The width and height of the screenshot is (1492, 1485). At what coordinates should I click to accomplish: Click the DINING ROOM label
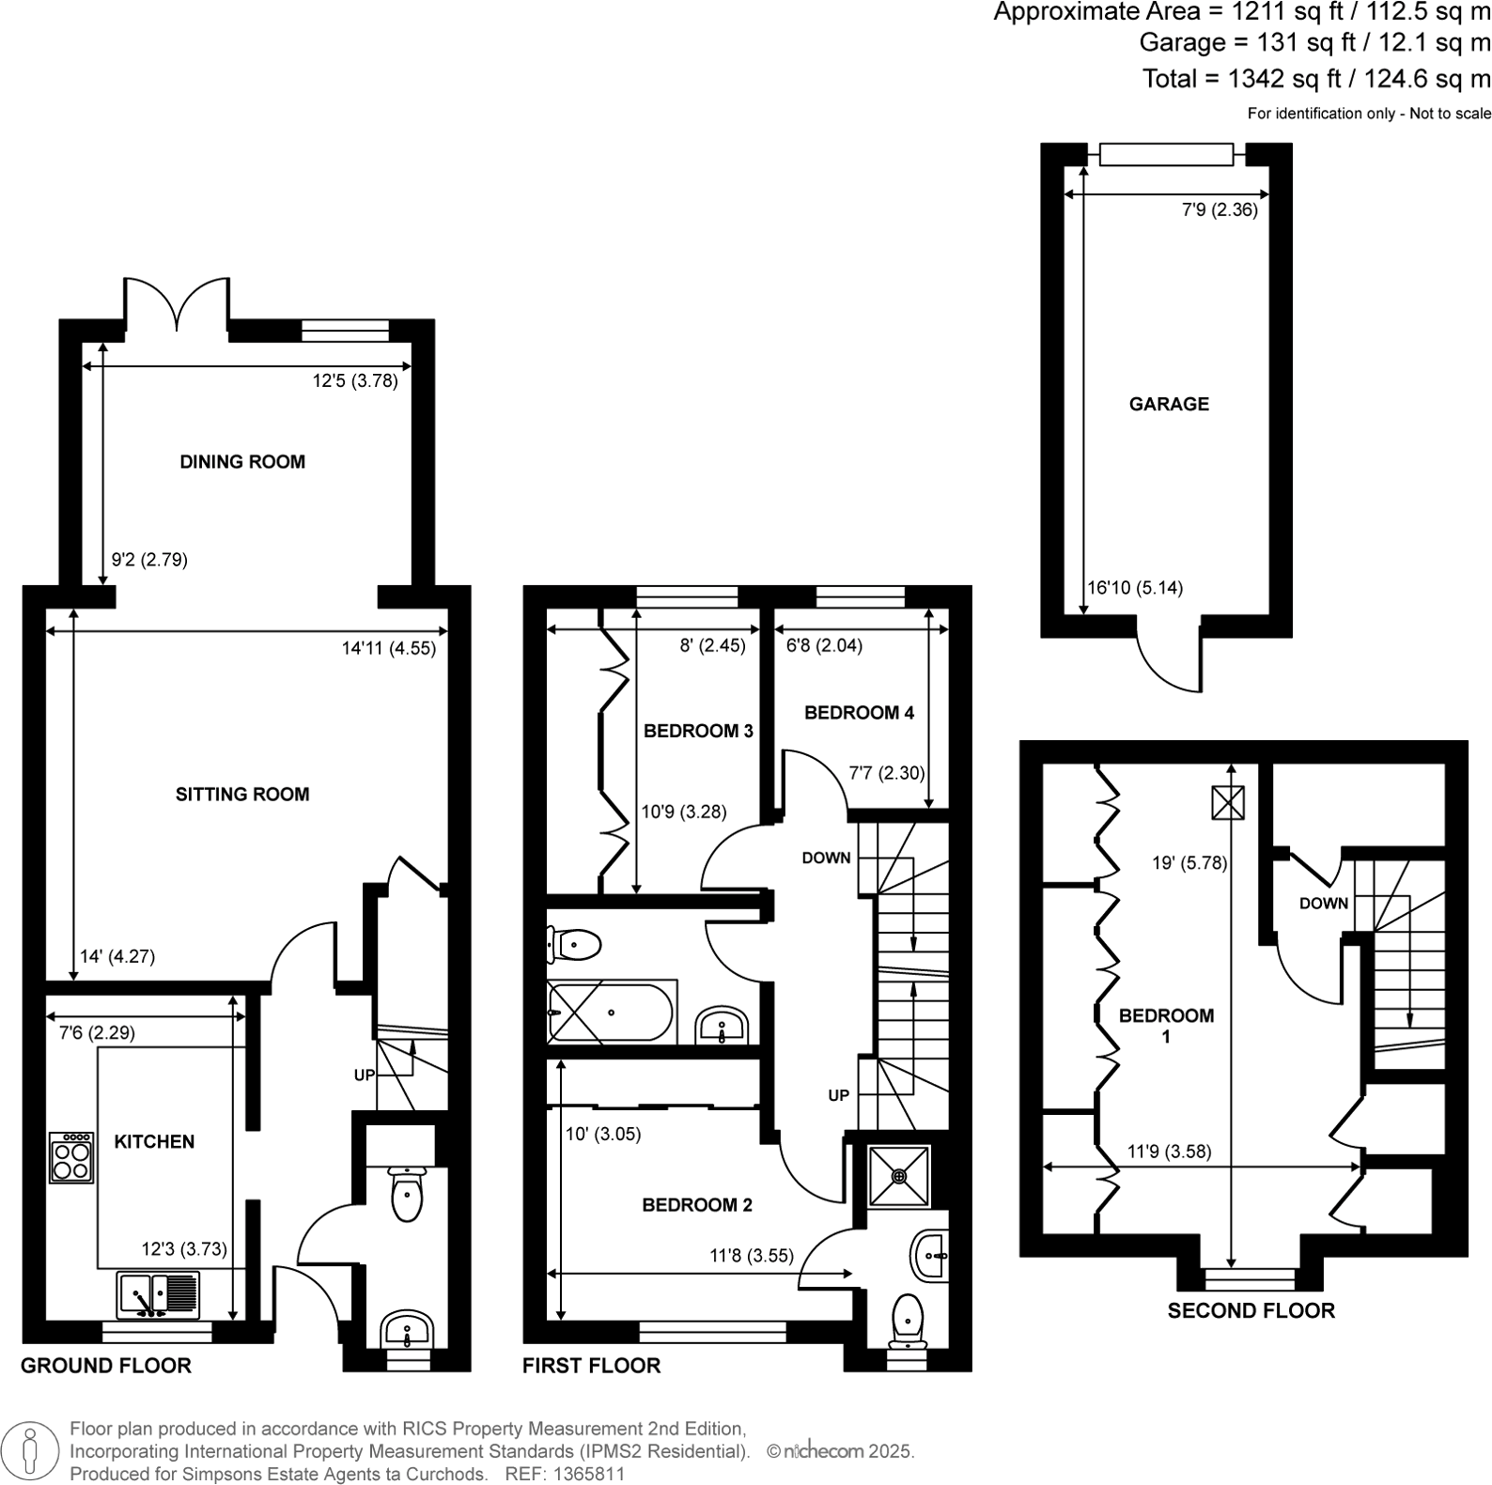[x=242, y=461]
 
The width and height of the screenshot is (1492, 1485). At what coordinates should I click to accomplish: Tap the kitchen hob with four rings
[x=71, y=1157]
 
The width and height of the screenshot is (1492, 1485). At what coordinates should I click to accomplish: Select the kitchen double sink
[x=158, y=1294]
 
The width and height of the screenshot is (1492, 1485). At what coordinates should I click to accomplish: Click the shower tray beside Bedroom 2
[x=898, y=1175]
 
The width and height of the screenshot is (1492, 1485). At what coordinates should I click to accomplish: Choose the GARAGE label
[x=1169, y=404]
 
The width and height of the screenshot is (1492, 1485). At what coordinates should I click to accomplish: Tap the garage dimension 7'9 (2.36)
[x=1219, y=210]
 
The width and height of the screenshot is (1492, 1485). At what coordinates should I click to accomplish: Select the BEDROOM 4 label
[x=859, y=713]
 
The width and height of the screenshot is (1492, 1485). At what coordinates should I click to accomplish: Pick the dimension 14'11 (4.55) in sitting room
[x=389, y=647]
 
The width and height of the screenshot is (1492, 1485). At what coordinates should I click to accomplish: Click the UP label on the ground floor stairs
[x=365, y=1075]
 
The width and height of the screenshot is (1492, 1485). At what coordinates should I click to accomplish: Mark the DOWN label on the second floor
[x=1324, y=904]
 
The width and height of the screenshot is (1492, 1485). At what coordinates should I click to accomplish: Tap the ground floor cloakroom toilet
[x=407, y=1194]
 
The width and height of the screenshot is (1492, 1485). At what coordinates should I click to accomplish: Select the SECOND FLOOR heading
[x=1251, y=1310]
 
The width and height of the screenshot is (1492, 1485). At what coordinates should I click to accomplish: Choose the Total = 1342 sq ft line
[x=1315, y=79]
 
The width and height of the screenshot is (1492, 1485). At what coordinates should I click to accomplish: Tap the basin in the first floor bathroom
[x=722, y=1025]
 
